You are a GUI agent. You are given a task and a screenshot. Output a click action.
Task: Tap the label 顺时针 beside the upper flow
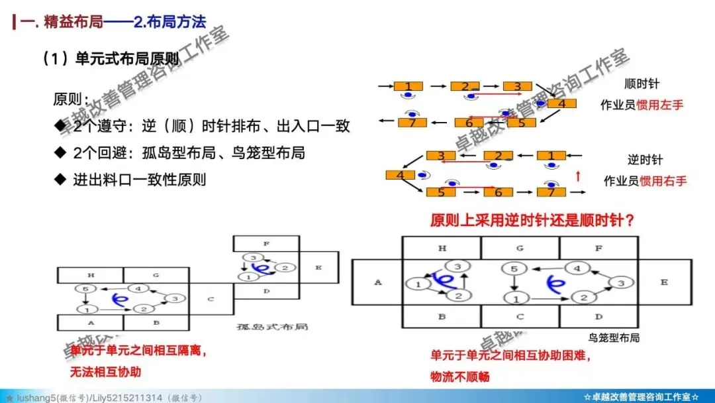(642, 84)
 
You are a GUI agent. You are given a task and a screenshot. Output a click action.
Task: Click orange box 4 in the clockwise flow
(561, 103)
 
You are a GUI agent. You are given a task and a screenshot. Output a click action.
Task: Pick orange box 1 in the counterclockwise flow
(550, 156)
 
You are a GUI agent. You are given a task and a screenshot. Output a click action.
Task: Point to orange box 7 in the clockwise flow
(412, 122)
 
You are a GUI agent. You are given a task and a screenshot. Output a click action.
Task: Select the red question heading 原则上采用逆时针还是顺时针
(532, 220)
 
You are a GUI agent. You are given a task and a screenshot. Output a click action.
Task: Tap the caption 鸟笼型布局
(614, 337)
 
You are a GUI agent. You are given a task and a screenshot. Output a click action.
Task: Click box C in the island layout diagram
(211, 299)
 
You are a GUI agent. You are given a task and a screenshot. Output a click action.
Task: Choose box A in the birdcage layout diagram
(377, 282)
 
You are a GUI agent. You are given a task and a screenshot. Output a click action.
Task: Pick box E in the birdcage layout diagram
(664, 282)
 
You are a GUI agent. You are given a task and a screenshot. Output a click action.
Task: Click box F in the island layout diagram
(265, 244)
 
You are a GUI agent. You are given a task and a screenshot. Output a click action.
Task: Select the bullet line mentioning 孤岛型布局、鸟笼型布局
(189, 153)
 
